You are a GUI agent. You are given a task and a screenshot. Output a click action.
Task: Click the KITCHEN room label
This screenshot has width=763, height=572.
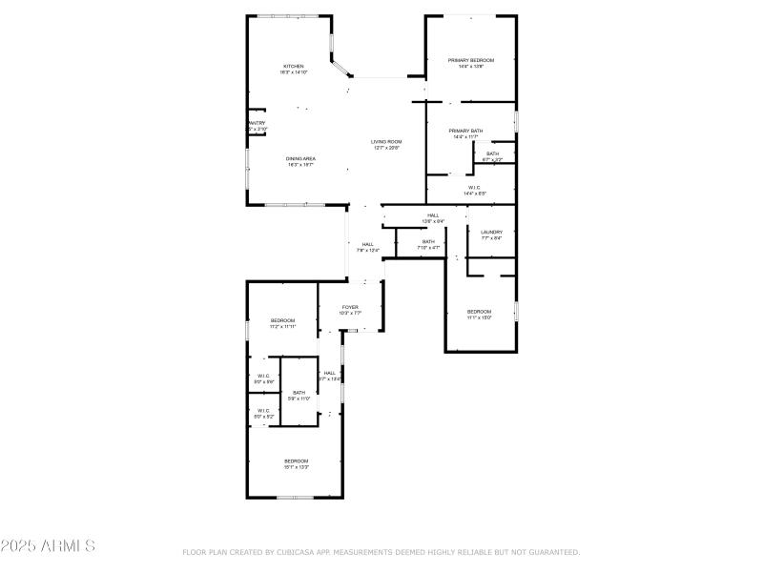(x=293, y=67)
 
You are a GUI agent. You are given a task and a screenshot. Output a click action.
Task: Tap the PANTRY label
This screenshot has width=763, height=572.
(x=257, y=123)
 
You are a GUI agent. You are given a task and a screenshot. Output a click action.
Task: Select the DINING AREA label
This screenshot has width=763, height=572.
(x=300, y=158)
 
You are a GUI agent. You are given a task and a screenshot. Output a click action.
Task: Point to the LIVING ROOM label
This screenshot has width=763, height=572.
(x=386, y=142)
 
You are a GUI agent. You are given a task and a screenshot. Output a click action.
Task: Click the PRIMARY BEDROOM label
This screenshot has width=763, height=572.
(x=471, y=60)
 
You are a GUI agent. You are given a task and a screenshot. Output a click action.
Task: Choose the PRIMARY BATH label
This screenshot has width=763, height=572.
(x=466, y=131)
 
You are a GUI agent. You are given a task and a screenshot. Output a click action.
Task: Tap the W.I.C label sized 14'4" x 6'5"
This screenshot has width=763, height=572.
(x=474, y=188)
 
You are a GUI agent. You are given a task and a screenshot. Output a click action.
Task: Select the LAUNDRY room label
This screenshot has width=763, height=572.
(x=491, y=233)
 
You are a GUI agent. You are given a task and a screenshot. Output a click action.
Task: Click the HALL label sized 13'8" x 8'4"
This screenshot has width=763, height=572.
(x=433, y=215)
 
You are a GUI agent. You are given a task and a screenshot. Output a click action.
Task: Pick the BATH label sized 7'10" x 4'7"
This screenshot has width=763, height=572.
(x=428, y=242)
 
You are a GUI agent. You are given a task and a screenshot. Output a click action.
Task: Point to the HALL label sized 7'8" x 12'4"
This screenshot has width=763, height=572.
(x=367, y=245)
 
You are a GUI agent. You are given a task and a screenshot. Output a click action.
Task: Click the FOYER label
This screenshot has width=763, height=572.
(x=350, y=307)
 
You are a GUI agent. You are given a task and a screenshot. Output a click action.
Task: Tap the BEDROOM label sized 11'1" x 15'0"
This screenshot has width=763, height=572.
(x=479, y=313)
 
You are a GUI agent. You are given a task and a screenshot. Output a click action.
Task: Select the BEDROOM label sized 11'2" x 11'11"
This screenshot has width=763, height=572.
(x=282, y=320)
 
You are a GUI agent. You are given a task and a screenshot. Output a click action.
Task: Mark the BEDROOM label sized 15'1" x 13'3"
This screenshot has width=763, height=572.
(x=296, y=461)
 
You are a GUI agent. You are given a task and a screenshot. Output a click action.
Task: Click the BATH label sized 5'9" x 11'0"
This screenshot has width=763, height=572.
(x=299, y=393)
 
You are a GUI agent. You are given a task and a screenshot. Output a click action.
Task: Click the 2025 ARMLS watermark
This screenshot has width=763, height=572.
(x=48, y=546)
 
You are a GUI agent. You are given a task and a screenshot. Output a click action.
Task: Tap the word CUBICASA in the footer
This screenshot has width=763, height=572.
(x=299, y=552)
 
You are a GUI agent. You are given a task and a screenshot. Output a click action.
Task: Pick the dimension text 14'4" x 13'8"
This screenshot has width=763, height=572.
(x=471, y=67)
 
